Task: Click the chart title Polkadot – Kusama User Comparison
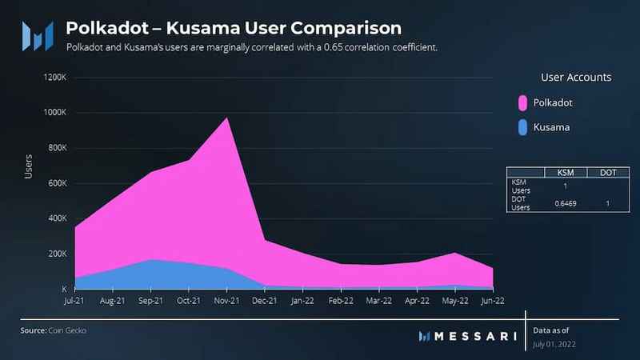click(233, 29)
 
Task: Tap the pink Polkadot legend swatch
click(523, 102)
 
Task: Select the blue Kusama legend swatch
click(523, 126)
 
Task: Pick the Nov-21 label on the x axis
click(226, 302)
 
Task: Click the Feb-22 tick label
click(341, 302)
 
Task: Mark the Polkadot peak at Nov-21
click(227, 118)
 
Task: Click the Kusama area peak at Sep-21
click(150, 259)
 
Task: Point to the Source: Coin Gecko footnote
click(54, 330)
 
